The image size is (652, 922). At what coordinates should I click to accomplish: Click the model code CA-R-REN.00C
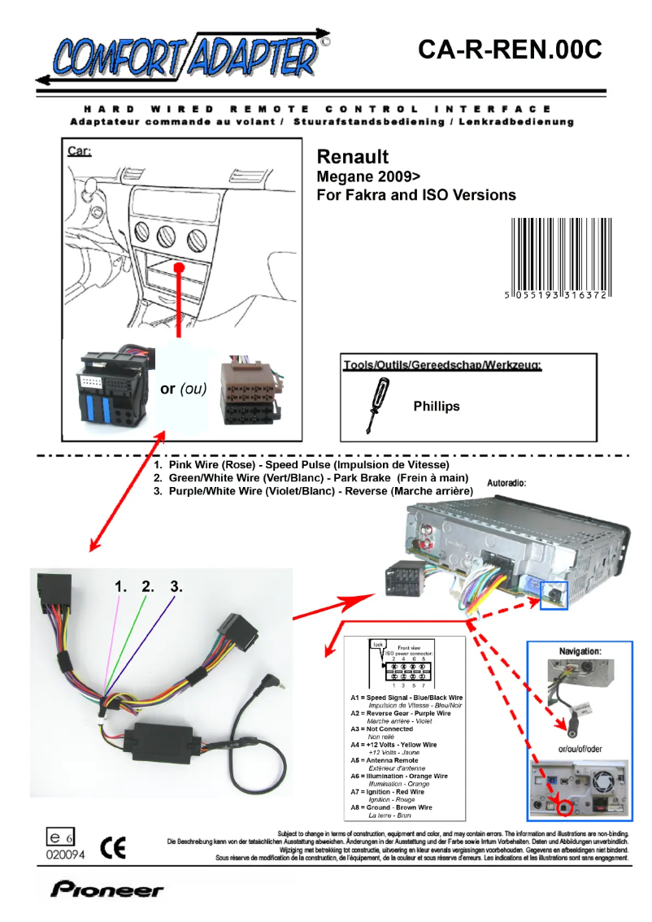(509, 50)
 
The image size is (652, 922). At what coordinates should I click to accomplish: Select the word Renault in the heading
(352, 157)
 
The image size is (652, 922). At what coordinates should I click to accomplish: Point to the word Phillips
(436, 406)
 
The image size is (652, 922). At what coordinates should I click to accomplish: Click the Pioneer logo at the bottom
(107, 889)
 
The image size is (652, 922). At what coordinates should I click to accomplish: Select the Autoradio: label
(506, 482)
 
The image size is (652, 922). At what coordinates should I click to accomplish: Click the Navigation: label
(580, 652)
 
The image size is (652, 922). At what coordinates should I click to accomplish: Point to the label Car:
(79, 151)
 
